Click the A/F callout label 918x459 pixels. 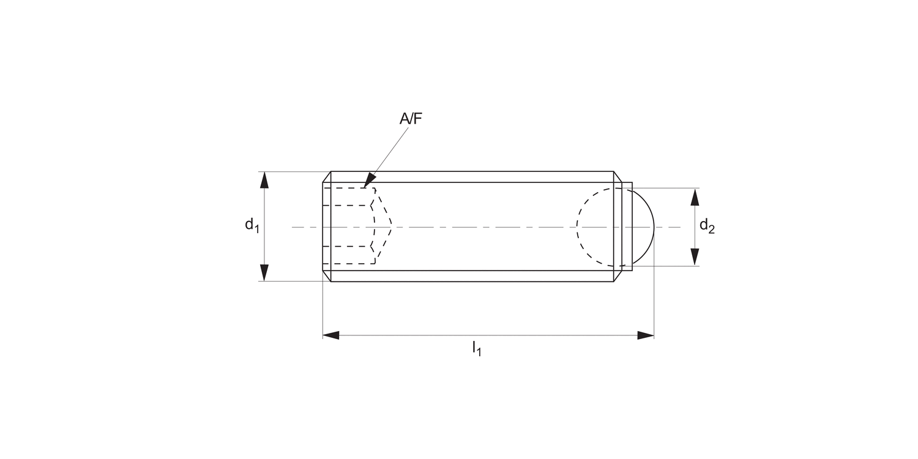click(x=411, y=119)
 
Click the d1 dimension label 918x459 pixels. click(x=252, y=225)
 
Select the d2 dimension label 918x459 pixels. click(x=707, y=226)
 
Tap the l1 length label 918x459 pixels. click(x=476, y=349)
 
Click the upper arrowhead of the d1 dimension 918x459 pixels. click(x=264, y=180)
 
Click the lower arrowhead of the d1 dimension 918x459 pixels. click(x=264, y=273)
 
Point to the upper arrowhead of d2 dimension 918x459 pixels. click(x=695, y=196)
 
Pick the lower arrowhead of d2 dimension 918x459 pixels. click(x=695, y=257)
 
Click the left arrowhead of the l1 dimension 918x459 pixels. click(x=331, y=335)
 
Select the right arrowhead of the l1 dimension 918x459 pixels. click(x=646, y=335)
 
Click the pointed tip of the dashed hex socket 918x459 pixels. click(x=390, y=227)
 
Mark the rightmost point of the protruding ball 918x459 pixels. click(x=654, y=227)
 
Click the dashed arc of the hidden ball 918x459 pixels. click(x=578, y=227)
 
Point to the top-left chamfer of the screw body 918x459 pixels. click(x=327, y=177)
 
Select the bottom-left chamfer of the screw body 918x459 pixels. click(x=327, y=276)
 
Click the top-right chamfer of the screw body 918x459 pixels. click(x=618, y=177)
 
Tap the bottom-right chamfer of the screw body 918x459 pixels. click(x=618, y=276)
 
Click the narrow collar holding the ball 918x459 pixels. click(x=627, y=227)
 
